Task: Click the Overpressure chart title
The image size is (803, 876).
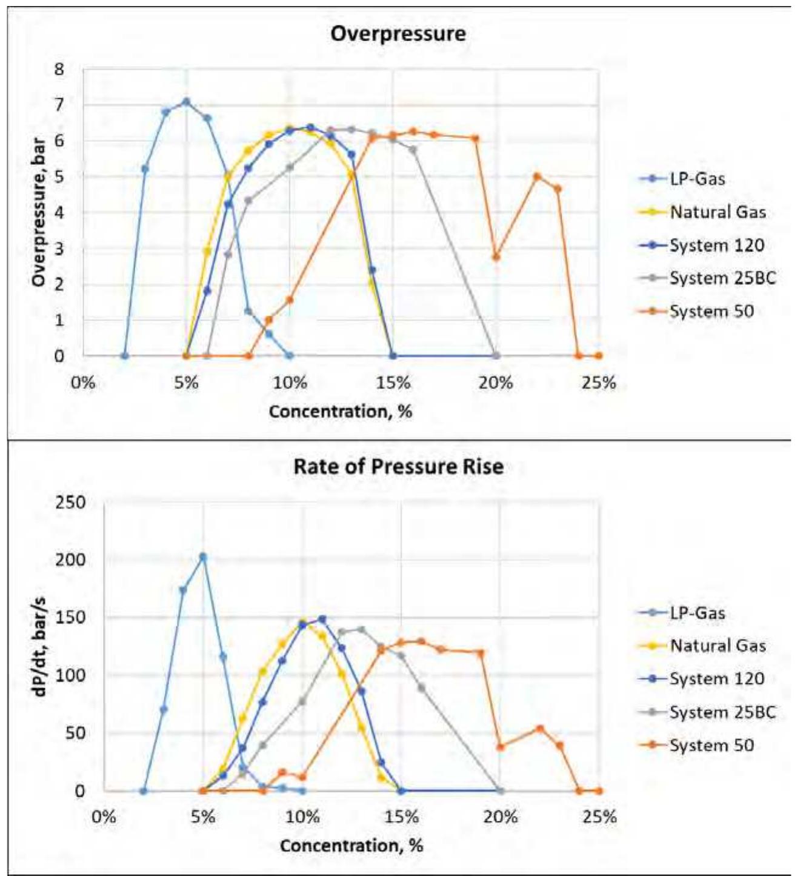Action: pyautogui.click(x=398, y=33)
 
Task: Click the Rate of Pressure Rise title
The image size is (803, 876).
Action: pyautogui.click(x=398, y=467)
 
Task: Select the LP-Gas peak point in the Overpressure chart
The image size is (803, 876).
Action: pyautogui.click(x=187, y=102)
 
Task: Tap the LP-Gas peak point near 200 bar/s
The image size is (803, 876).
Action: pyautogui.click(x=203, y=557)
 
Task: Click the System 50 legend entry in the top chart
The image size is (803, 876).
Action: pyautogui.click(x=711, y=312)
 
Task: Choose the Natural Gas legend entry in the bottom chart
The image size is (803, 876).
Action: pyautogui.click(x=718, y=646)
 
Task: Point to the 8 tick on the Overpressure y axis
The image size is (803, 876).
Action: pyautogui.click(x=59, y=69)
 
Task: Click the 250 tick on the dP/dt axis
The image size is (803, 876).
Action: pyautogui.click(x=72, y=503)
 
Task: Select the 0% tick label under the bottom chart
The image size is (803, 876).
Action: pyautogui.click(x=104, y=817)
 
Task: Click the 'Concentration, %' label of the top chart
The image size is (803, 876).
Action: pyautogui.click(x=341, y=412)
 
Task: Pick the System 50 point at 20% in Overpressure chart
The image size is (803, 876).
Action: pyautogui.click(x=496, y=257)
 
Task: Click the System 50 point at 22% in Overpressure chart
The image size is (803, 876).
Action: pyautogui.click(x=537, y=176)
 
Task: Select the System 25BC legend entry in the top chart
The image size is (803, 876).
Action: pyautogui.click(x=722, y=279)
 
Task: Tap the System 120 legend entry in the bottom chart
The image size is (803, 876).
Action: pyautogui.click(x=716, y=679)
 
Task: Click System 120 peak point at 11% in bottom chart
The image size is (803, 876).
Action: pyautogui.click(x=322, y=620)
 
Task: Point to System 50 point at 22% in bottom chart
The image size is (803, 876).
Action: pyautogui.click(x=540, y=729)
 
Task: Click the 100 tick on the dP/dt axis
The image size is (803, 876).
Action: pyautogui.click(x=72, y=675)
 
